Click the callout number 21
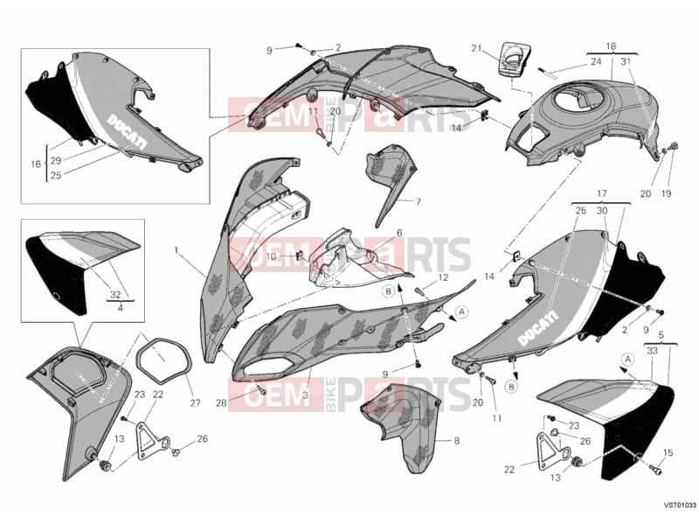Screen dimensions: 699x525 point(476,48)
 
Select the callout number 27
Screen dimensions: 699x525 point(195,403)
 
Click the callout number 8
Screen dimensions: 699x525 point(456,441)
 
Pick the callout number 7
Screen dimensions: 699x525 point(418,202)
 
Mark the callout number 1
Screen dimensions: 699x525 point(176,250)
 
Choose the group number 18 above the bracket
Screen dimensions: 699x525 point(611,46)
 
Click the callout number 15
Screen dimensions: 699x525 point(668,452)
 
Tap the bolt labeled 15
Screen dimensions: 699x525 point(655,469)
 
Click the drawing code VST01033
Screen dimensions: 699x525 point(681,505)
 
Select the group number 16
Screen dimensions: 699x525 point(36,164)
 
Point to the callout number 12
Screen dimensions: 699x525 point(443,277)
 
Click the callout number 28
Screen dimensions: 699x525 point(221,403)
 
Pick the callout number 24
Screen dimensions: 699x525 point(596,61)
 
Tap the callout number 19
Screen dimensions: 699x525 point(666,193)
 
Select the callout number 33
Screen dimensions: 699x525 point(652,351)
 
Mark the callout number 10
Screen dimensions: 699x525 point(271,256)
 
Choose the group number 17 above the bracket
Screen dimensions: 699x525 point(602,193)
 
